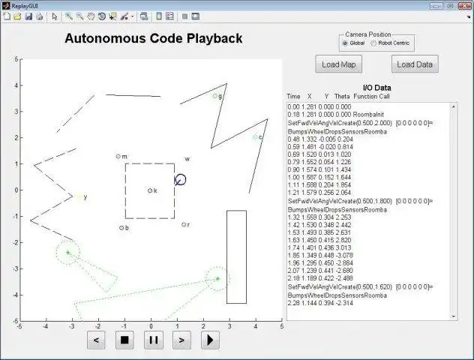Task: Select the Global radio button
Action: point(345,43)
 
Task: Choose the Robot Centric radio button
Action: point(373,43)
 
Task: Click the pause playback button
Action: point(153,340)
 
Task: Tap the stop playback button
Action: point(125,340)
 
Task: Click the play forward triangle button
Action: point(209,340)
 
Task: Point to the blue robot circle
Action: point(180,180)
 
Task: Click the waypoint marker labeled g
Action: point(214,96)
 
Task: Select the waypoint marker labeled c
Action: point(255,137)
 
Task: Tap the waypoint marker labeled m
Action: point(118,157)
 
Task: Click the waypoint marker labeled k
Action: point(150,190)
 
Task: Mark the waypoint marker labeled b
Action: point(121,227)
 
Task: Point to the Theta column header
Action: point(342,97)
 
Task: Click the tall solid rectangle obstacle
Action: point(236,256)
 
